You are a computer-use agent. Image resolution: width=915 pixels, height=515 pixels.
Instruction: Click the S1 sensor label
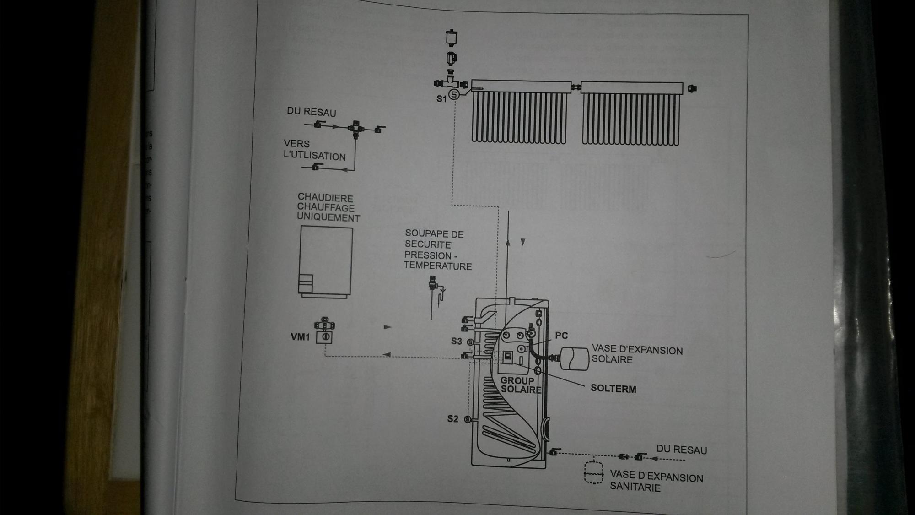[x=441, y=98]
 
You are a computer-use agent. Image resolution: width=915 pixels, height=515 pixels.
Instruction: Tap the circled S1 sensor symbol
[x=454, y=95]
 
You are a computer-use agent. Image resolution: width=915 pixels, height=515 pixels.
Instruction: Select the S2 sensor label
[x=452, y=419]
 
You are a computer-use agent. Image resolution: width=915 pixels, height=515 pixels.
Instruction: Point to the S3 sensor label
[x=456, y=341]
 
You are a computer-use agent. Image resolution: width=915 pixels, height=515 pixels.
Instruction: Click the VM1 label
[x=300, y=337]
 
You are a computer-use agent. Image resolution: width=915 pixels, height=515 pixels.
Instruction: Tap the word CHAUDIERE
[x=325, y=198]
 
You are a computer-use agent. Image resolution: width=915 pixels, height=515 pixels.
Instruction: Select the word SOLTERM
[x=613, y=389]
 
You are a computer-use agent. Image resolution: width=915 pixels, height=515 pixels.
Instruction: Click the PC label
[x=561, y=336]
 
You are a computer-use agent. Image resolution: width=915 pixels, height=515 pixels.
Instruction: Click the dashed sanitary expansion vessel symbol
[x=593, y=472]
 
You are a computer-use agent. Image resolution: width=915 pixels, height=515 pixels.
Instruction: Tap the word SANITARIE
[x=635, y=487]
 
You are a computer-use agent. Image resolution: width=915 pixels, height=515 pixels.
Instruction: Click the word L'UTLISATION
[x=315, y=156]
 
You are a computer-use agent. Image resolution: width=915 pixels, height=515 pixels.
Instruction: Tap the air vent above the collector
[x=451, y=38]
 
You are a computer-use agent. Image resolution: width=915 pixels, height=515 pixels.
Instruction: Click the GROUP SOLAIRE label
[x=520, y=385]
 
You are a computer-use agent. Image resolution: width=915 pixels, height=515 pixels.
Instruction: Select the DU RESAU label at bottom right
[x=682, y=450]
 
